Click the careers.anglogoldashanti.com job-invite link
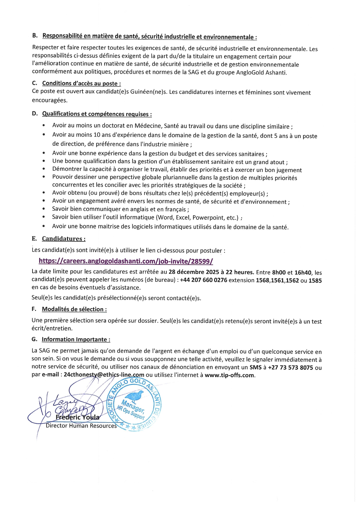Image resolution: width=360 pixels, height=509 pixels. coord(126,261)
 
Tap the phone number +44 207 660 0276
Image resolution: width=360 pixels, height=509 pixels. coord(204,280)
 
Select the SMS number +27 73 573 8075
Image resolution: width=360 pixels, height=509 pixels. coord(290,368)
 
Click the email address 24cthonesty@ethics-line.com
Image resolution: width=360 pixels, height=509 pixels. coord(104,375)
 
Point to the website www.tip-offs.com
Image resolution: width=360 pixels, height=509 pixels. coord(229,375)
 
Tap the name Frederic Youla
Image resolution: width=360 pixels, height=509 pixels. coord(78,417)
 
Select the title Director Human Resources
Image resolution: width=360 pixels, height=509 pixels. coord(81,426)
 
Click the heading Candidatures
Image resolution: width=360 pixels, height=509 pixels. coord(64,239)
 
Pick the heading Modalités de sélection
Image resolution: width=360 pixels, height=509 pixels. coord(74,309)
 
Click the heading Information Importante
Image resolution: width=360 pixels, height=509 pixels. coord(76,340)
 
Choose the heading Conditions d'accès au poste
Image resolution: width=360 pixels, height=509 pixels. coord(81,84)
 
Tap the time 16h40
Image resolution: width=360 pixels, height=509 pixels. coord(303,273)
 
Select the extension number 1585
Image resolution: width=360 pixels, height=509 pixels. coord(315,281)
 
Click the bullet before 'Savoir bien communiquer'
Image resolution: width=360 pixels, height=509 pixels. coord(44,209)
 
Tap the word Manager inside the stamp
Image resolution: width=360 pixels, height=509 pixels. coord(132,406)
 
